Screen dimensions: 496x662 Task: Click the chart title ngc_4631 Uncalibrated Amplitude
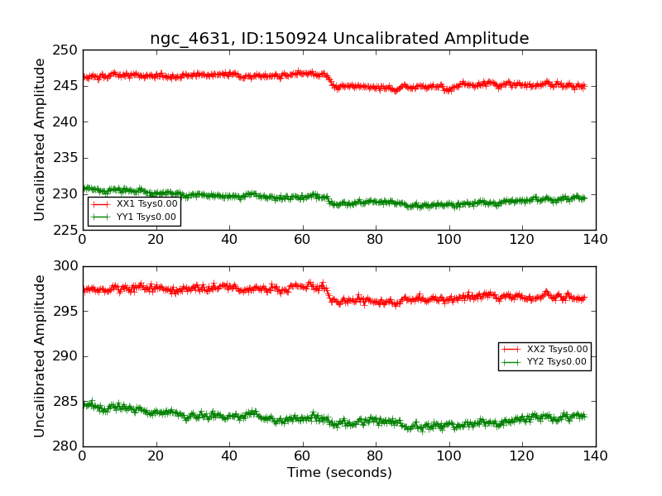[339, 38]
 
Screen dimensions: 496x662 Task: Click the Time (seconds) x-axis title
[339, 473]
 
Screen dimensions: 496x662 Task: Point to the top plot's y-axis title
[40, 140]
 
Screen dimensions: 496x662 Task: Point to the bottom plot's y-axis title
[40, 356]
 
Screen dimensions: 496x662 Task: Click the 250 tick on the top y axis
[66, 50]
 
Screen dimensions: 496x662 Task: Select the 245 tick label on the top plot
[66, 86]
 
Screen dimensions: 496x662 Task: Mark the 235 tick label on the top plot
[66, 158]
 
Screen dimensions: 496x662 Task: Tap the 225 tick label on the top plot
[66, 230]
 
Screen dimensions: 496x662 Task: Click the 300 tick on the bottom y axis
[66, 266]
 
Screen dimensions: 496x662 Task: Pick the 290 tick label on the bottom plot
[66, 356]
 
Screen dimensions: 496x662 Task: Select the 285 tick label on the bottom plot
[66, 402]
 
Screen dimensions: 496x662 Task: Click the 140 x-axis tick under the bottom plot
[595, 456]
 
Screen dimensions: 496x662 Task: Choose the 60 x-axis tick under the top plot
[302, 240]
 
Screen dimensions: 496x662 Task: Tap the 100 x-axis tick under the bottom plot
[449, 456]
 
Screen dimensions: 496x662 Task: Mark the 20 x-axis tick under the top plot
[156, 240]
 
